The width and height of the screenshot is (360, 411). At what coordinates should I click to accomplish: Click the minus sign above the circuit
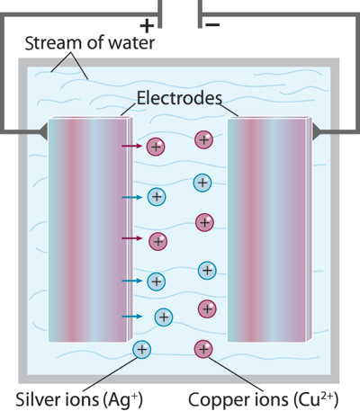click(213, 25)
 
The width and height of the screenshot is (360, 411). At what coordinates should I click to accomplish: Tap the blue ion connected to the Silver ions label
click(142, 349)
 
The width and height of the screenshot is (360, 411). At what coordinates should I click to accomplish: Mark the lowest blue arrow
click(130, 317)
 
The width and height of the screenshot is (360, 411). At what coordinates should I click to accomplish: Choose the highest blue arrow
click(130, 196)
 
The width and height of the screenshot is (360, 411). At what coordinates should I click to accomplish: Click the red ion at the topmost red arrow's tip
click(156, 146)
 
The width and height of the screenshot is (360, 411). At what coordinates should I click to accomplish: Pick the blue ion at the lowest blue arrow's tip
click(163, 317)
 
